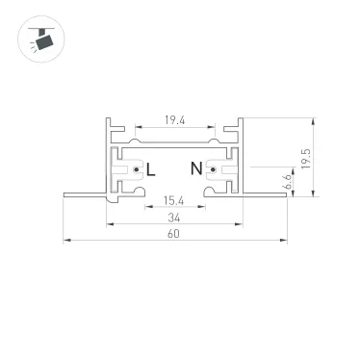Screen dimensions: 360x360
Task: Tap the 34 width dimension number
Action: click(x=175, y=219)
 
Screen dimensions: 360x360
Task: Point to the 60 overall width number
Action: click(x=175, y=234)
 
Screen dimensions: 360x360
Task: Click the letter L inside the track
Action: click(x=151, y=169)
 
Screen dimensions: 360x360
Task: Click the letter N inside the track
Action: click(x=195, y=169)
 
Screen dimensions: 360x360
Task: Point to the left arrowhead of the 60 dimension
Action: click(x=65, y=241)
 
